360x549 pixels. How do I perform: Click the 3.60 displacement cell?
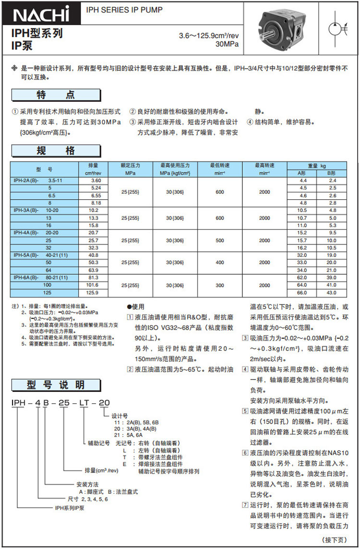pyautogui.click(x=93, y=180)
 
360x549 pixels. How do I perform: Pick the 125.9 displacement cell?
pyautogui.click(x=93, y=293)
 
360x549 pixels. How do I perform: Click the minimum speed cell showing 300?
pyautogui.click(x=220, y=285)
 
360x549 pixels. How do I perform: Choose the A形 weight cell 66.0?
pyautogui.click(x=302, y=293)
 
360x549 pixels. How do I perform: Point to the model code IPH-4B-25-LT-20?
pyautogui.click(x=58, y=403)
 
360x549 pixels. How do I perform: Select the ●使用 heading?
pyautogui.click(x=135, y=306)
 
